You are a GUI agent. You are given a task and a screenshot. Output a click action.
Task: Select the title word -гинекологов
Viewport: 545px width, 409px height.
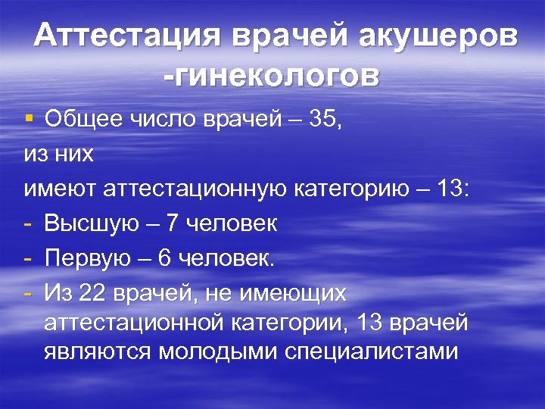pos(270,76)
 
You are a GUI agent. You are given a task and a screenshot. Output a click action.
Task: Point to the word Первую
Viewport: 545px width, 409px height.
pos(81,258)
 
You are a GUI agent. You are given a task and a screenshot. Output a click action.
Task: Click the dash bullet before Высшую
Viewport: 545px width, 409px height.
pos(27,223)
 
